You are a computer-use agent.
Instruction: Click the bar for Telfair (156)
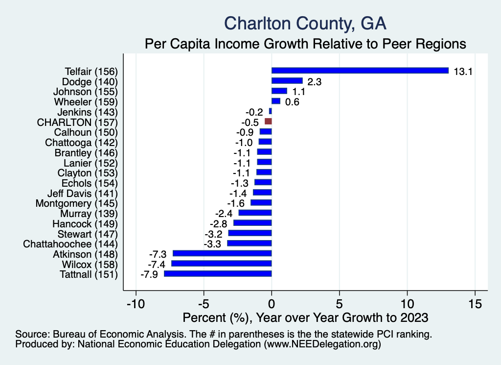tap(360, 71)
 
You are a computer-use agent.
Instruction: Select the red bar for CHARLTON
tap(268, 121)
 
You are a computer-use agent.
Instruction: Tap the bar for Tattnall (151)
tap(218, 274)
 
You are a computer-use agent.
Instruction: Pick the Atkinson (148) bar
tap(222, 253)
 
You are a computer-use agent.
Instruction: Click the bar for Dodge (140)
tap(287, 81)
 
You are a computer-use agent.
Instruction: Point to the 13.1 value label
tap(462, 72)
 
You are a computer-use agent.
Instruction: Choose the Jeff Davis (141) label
tap(83, 193)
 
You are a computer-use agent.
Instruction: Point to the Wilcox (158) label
tap(86, 264)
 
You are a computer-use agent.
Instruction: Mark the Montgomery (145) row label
tap(77, 203)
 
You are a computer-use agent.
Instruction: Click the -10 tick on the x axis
tap(136, 303)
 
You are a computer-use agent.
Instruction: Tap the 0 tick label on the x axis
tap(272, 303)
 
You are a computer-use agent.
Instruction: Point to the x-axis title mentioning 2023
tap(305, 317)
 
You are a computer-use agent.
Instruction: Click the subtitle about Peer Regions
tap(305, 44)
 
